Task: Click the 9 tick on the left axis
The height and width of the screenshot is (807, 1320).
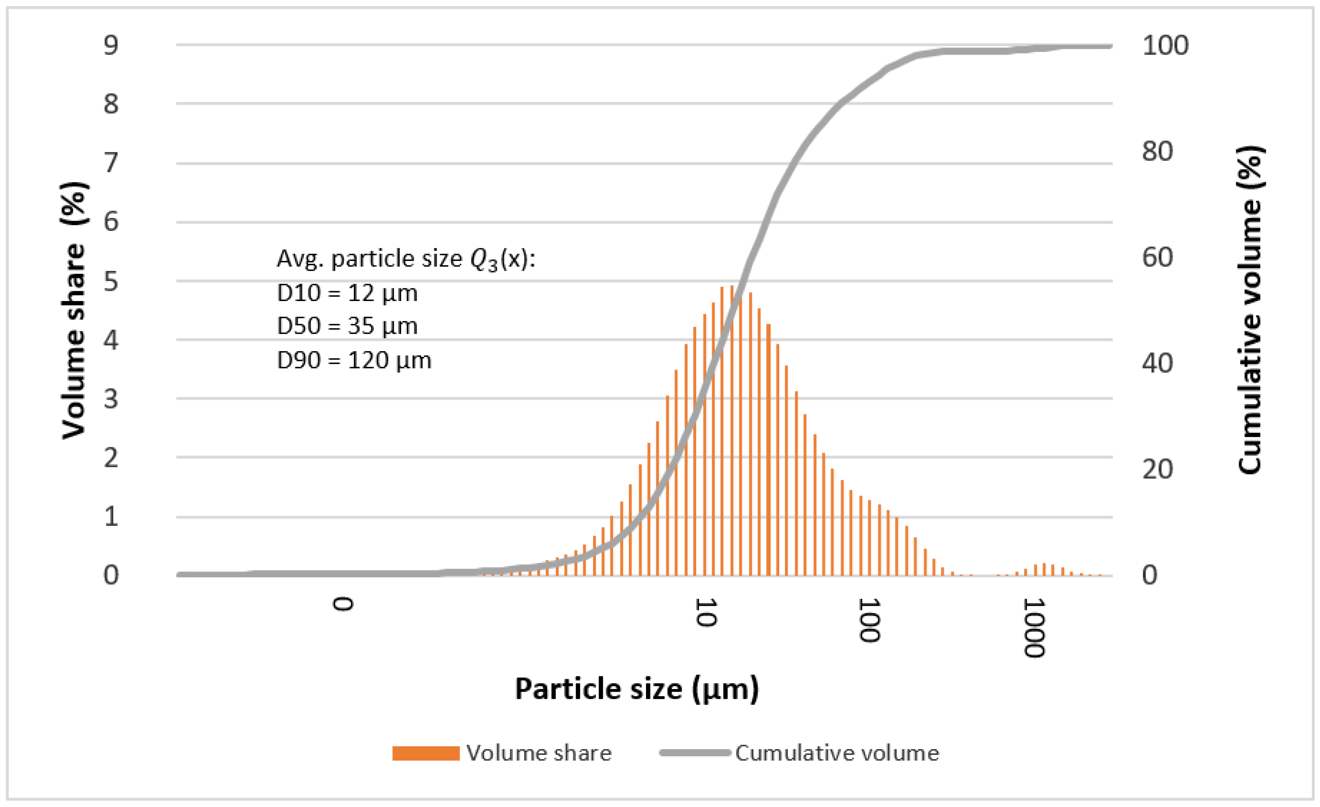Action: click(x=111, y=45)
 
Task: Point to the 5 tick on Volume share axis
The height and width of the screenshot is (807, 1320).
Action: click(x=111, y=281)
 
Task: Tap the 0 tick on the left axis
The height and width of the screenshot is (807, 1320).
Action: click(x=111, y=575)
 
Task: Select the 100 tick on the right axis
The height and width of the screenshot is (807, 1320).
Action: click(x=1165, y=45)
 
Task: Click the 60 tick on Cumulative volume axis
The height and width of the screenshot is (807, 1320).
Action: click(x=1157, y=257)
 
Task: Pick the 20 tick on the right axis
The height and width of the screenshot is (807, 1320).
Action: click(x=1157, y=469)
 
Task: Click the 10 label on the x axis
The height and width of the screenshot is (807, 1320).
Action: click(x=706, y=612)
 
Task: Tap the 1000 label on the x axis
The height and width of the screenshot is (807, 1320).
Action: click(x=1034, y=628)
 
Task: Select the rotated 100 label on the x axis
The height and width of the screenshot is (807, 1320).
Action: click(x=869, y=620)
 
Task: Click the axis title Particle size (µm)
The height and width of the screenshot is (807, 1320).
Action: click(x=637, y=689)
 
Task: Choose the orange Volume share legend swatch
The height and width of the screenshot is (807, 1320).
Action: click(x=426, y=753)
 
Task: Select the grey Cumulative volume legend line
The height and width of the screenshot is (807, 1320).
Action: click(x=695, y=753)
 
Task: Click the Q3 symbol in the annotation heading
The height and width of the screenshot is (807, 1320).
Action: click(x=484, y=260)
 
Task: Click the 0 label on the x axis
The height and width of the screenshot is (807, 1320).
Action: click(x=343, y=604)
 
